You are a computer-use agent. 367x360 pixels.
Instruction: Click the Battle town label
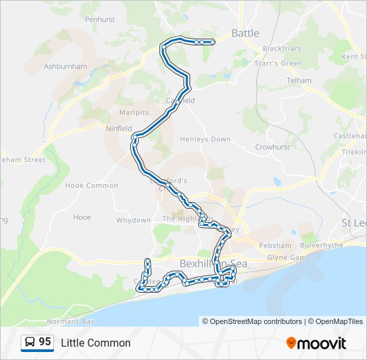245,33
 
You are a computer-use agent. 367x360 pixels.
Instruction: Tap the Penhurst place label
100,20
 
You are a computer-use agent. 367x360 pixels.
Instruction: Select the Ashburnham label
65,67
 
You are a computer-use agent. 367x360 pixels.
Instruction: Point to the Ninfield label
119,128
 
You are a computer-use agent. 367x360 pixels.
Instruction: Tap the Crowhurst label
271,147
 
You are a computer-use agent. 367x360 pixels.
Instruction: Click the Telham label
298,81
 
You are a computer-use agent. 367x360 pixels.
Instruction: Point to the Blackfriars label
282,49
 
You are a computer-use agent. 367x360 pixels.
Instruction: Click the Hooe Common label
91,185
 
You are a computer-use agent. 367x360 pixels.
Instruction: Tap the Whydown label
133,220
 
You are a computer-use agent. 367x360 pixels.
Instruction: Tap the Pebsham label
276,245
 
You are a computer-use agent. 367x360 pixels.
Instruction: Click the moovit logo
316,343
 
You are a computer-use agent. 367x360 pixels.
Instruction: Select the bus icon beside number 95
30,343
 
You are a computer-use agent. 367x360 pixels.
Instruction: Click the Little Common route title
95,343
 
